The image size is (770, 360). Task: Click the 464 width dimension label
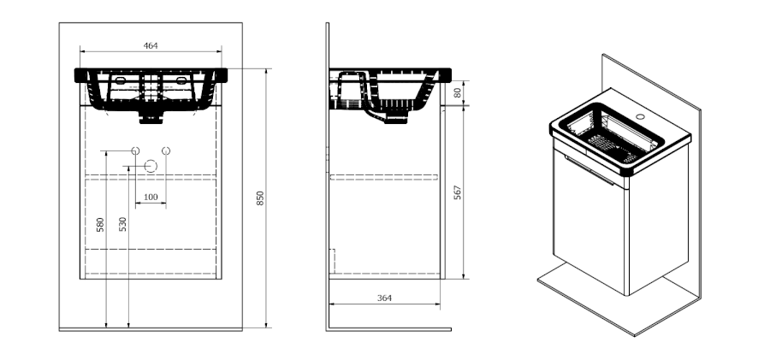coord(151,45)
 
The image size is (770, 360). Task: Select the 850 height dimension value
coord(260,198)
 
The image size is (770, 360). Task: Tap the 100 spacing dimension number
coord(151,197)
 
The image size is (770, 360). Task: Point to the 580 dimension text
coord(100,225)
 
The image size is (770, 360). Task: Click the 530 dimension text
coord(122,224)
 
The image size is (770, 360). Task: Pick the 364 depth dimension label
coord(384,298)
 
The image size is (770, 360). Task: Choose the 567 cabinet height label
coord(458,192)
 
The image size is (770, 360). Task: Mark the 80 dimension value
coord(458,93)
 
